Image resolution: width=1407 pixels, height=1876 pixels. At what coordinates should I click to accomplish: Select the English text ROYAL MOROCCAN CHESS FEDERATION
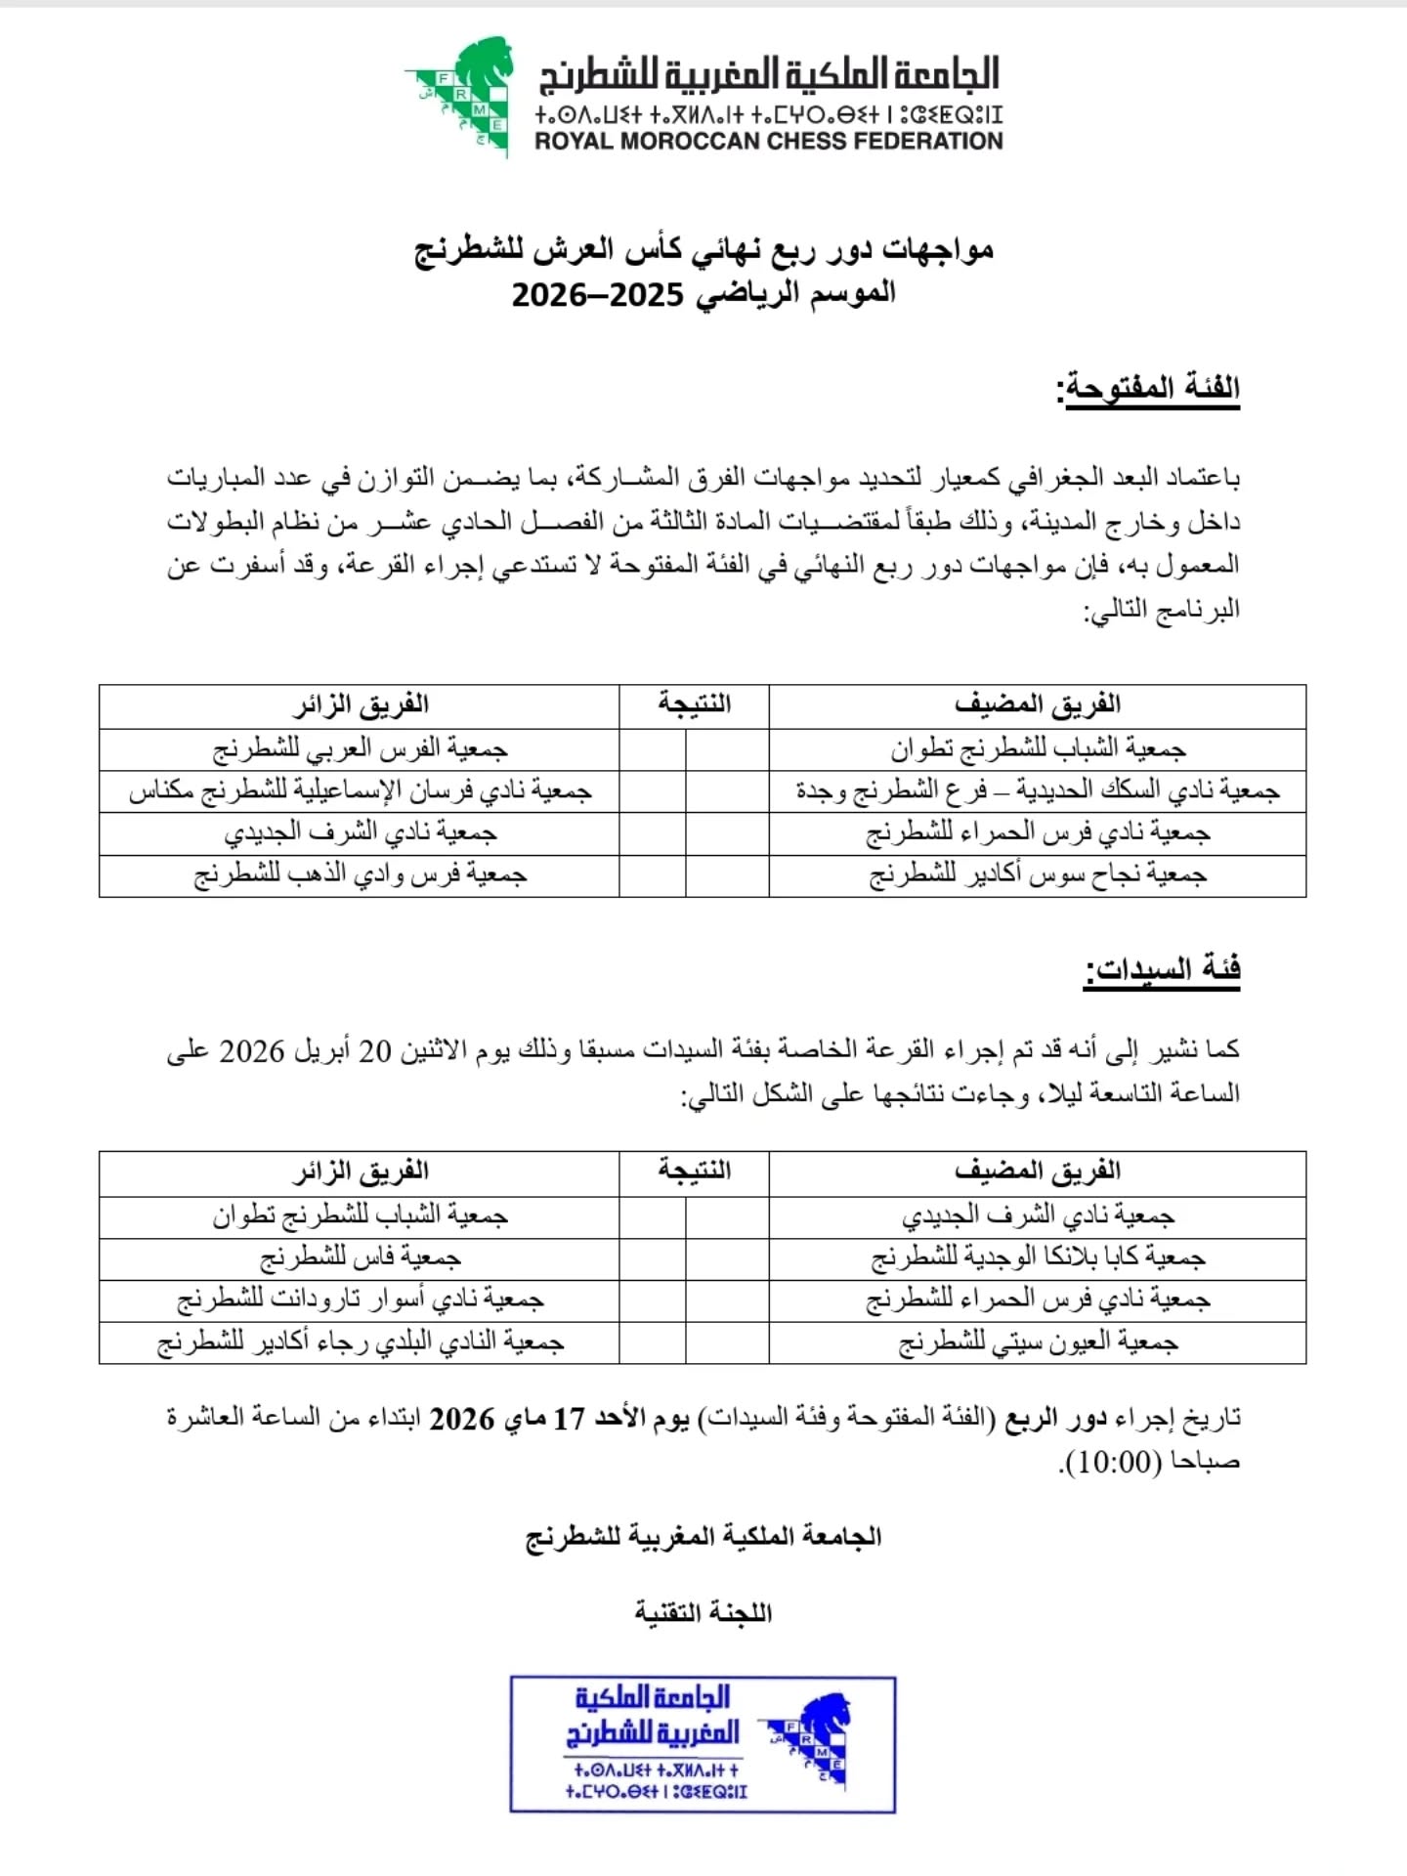[768, 141]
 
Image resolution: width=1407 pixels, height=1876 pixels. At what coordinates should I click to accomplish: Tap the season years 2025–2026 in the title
[598, 294]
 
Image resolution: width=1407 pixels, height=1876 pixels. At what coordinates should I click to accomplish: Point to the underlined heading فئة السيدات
[1162, 969]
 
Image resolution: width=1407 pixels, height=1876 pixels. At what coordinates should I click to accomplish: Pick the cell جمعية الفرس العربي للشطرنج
[360, 749]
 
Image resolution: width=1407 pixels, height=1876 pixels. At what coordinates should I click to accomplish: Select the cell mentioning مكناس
[360, 790]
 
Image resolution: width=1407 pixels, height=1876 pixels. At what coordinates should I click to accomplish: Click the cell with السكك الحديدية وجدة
[1037, 790]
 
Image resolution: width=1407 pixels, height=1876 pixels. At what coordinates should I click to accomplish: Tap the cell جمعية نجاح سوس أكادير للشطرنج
[1037, 874]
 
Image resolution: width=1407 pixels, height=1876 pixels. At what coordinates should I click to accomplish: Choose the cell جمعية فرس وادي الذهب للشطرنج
[360, 874]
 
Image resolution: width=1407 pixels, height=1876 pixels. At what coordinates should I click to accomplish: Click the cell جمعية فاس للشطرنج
[360, 1258]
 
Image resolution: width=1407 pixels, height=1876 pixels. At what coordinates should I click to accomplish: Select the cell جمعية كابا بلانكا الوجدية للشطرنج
[1037, 1258]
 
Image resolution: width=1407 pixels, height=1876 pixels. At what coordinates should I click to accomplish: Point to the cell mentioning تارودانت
[360, 1300]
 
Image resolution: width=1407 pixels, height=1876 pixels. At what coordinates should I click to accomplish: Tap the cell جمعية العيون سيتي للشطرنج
[1037, 1343]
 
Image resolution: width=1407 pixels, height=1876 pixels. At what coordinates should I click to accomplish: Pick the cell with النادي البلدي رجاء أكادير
[360, 1343]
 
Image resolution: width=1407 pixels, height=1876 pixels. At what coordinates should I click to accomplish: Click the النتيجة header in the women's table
[694, 1171]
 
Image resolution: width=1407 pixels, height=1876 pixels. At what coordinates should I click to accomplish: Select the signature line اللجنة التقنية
[703, 1613]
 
